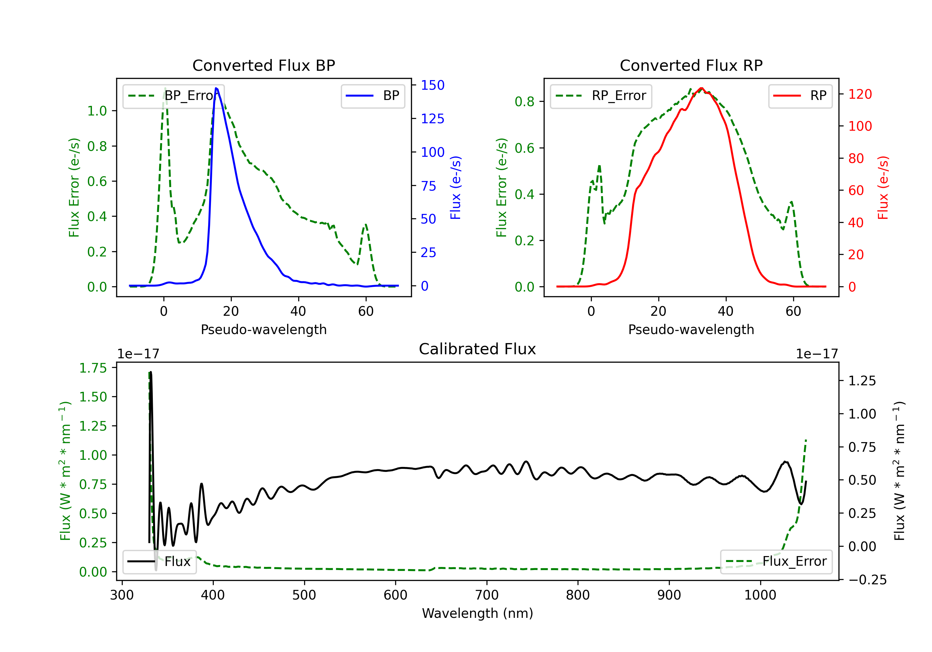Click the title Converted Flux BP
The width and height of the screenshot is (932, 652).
click(x=263, y=65)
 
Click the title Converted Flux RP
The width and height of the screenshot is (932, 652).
click(x=691, y=65)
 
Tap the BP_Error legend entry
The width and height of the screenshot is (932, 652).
click(x=174, y=96)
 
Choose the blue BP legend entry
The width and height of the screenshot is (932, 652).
click(x=372, y=96)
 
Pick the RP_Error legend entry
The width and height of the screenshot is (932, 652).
click(x=601, y=96)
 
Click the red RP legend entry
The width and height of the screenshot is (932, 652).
click(x=800, y=96)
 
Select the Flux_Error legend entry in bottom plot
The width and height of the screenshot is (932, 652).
click(x=776, y=562)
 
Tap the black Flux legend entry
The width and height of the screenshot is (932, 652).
click(x=160, y=562)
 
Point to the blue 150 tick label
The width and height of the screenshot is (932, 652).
click(x=432, y=85)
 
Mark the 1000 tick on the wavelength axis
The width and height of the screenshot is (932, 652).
click(x=760, y=595)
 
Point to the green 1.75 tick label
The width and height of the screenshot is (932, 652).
click(x=93, y=368)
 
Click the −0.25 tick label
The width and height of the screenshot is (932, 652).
click(x=867, y=580)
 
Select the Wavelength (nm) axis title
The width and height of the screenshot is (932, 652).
click(x=477, y=614)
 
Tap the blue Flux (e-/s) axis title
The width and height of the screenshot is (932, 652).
click(x=455, y=188)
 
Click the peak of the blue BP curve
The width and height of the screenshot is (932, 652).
click(x=216, y=88)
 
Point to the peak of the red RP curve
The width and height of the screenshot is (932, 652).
click(x=701, y=88)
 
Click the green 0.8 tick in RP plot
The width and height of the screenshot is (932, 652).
click(x=524, y=102)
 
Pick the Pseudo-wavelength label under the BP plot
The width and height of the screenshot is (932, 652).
click(x=263, y=329)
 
